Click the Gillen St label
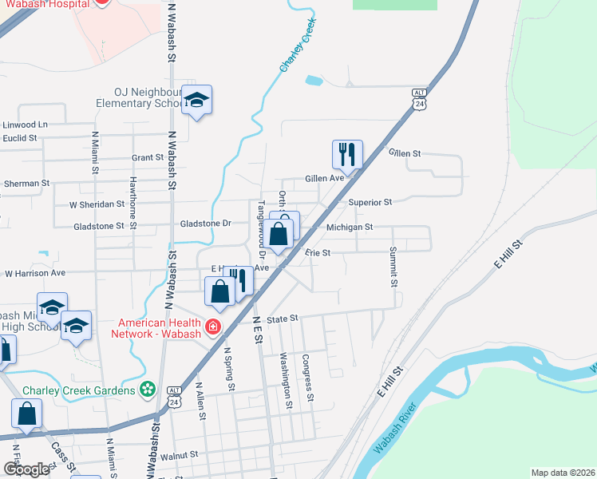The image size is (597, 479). tap(405, 152)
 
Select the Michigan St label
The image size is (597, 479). tap(350, 228)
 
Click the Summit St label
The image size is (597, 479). tap(393, 267)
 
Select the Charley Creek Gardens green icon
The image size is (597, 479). tap(147, 390)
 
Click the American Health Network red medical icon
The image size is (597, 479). tap(213, 327)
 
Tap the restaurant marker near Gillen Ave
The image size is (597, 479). tap(347, 153)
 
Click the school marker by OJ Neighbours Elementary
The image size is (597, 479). tap(196, 100)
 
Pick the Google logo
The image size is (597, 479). tap(26, 469)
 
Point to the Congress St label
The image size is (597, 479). tap(307, 377)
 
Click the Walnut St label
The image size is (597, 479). tap(179, 455)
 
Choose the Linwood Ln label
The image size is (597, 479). tap(25, 125)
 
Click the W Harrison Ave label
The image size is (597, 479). tap(35, 273)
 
